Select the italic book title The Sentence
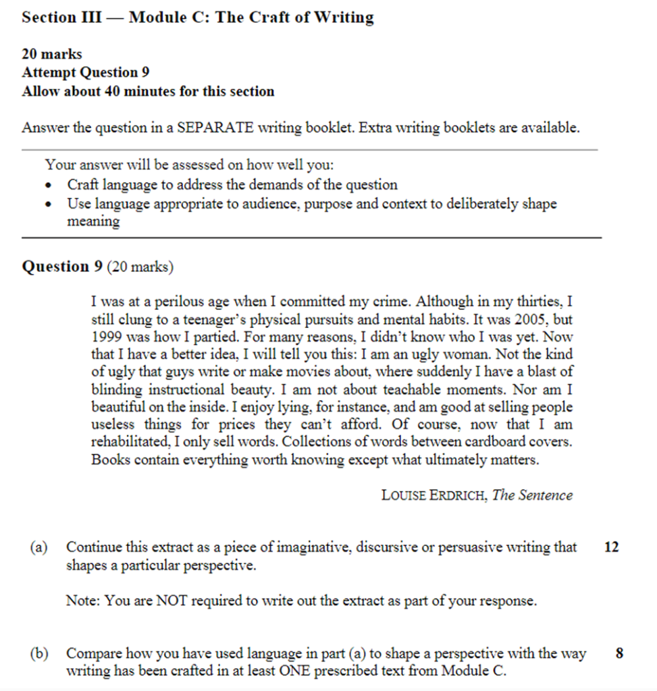pyautogui.click(x=532, y=495)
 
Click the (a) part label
pyautogui.click(x=38, y=548)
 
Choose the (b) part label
pyautogui.click(x=38, y=653)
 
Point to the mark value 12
pyautogui.click(x=611, y=548)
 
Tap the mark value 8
pyautogui.click(x=620, y=653)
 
